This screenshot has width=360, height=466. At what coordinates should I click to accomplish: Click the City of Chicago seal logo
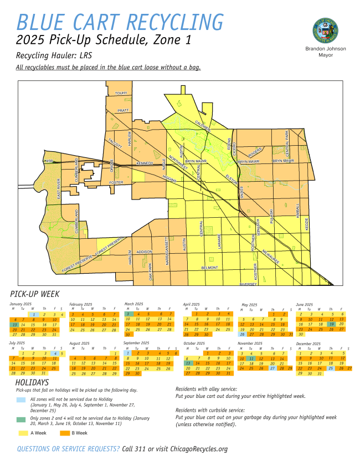326,29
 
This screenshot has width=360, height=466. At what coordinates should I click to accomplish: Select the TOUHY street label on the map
121,94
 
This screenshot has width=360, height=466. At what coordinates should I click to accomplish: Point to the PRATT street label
123,110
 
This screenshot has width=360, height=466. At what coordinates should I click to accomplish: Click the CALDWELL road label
202,126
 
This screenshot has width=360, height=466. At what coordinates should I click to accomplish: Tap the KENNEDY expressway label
145,163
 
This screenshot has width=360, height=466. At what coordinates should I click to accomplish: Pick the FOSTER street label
116,182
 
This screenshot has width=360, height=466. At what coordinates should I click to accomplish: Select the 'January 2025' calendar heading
21,304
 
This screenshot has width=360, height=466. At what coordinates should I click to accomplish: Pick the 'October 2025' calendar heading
194,344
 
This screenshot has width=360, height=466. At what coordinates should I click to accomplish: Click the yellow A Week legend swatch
23,432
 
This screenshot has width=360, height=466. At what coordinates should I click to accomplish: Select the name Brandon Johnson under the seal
326,49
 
